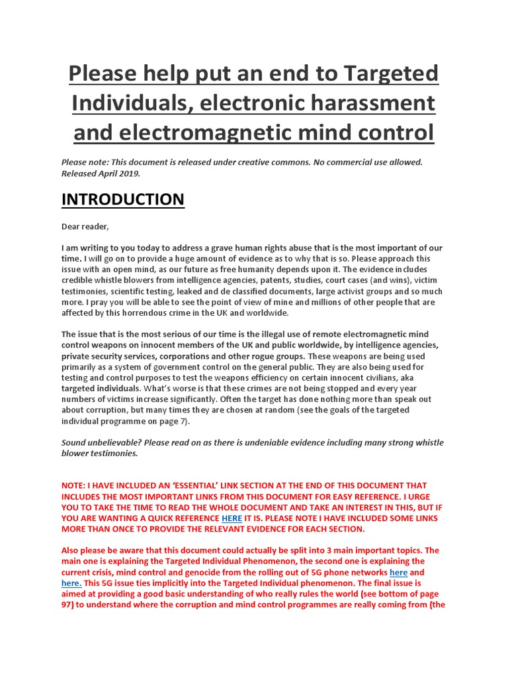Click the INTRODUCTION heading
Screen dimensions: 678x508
click(x=123, y=199)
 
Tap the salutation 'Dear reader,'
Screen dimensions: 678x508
click(x=85, y=226)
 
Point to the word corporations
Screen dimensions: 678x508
click(x=187, y=356)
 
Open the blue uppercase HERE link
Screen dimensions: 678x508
click(x=232, y=518)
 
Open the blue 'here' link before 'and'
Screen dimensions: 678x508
click(x=398, y=572)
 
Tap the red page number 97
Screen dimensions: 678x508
click(x=67, y=605)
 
